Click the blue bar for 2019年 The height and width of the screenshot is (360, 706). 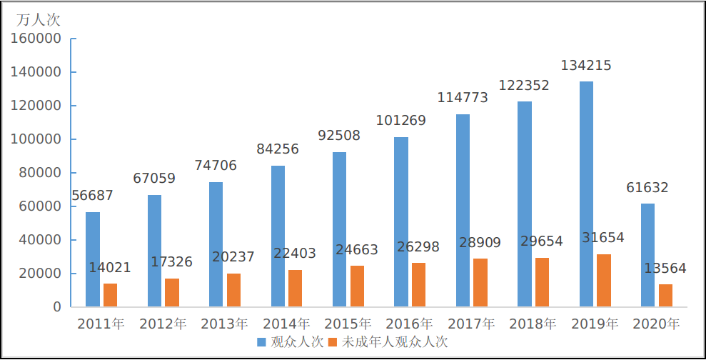[586, 194]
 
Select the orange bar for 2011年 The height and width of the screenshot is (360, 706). [110, 295]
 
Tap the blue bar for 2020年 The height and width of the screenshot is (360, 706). [647, 255]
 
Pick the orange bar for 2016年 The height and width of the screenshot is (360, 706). [418, 285]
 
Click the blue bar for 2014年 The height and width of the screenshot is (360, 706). [278, 236]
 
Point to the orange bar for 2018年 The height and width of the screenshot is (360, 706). [542, 282]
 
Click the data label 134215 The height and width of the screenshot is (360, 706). [586, 66]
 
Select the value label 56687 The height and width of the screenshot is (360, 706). [92, 196]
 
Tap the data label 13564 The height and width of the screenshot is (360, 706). [665, 269]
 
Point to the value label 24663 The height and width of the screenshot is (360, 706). [357, 250]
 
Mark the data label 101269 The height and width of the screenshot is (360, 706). [400, 121]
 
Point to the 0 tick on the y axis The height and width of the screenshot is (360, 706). [56, 307]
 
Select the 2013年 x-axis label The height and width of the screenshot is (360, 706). [224, 324]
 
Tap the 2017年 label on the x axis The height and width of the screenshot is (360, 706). [471, 324]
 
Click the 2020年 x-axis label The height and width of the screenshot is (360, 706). [656, 324]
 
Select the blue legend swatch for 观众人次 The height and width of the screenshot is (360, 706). [262, 342]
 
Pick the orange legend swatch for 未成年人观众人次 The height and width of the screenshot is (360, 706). [334, 342]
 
